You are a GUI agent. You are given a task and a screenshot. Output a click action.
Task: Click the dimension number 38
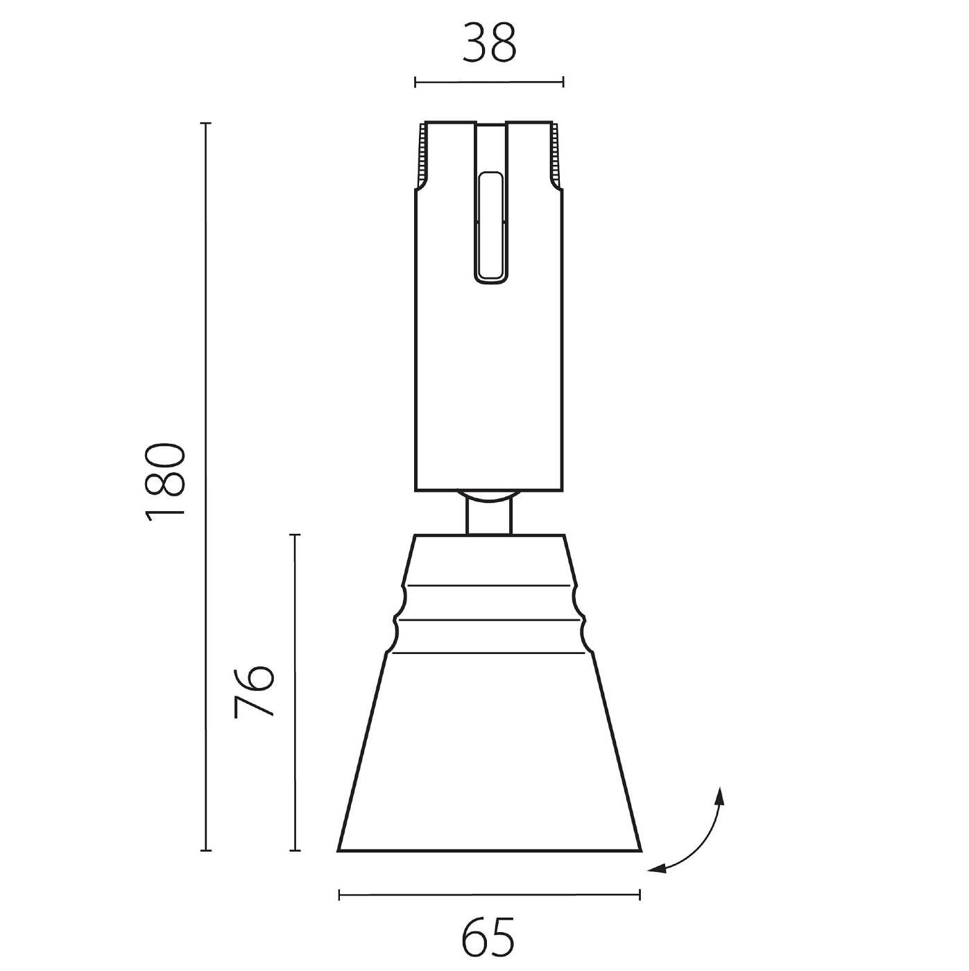coord(489,43)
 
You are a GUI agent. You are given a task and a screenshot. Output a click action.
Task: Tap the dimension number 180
coord(166,479)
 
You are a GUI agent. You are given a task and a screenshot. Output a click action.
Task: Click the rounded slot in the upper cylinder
coord(490,227)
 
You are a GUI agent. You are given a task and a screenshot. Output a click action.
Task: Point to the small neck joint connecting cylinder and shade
coord(489,514)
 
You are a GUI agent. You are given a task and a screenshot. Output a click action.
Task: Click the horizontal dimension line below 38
coord(489,83)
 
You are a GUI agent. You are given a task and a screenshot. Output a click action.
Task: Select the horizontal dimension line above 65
coord(489,895)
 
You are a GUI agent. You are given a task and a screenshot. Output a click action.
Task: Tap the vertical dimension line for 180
coord(205,486)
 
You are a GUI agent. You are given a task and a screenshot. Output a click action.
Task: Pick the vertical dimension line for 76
coord(295,694)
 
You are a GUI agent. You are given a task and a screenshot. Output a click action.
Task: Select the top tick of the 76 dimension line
coord(295,535)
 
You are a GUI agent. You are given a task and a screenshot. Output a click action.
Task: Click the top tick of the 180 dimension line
coord(205,123)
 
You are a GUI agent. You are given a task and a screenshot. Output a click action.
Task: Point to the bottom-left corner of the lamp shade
coord(338,850)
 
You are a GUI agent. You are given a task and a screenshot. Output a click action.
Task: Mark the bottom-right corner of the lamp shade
coord(640,850)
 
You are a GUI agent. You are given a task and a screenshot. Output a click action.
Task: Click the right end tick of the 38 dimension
coord(563,83)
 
